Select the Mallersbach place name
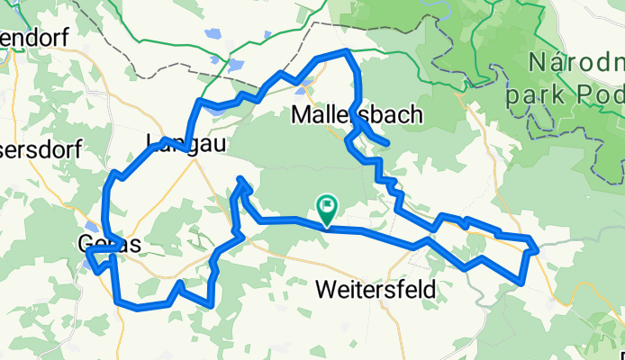click(x=359, y=115)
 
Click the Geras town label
click(x=109, y=244)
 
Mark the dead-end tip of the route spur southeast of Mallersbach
click(x=387, y=143)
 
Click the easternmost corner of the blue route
click(x=537, y=246)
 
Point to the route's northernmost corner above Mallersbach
click(x=348, y=51)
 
